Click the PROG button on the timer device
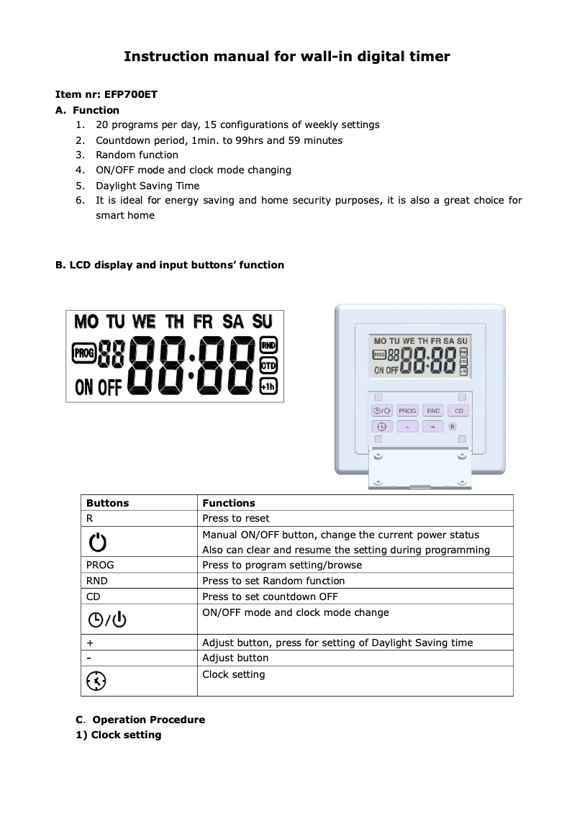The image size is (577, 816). click(407, 411)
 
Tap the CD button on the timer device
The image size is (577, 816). click(458, 411)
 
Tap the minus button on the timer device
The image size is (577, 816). click(407, 427)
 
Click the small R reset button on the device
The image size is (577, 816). click(453, 427)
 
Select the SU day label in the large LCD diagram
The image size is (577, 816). click(263, 321)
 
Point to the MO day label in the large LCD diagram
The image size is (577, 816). click(86, 321)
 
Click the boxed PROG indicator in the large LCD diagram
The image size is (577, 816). click(84, 353)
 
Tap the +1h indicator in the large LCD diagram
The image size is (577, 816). click(268, 387)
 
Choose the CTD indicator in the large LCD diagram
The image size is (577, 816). click(268, 366)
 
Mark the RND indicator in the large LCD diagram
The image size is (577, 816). click(268, 345)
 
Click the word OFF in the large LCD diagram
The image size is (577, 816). click(109, 388)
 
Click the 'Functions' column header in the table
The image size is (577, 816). click(229, 503)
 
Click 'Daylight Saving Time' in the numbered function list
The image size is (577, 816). click(147, 186)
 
